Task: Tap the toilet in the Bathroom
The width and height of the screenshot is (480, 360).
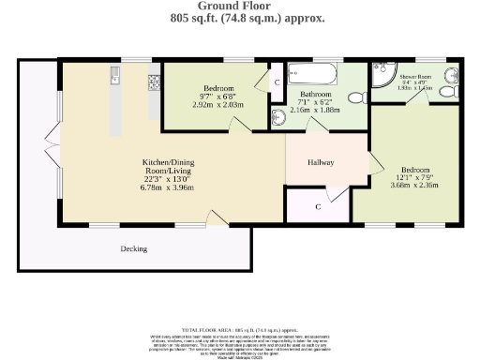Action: [355, 97]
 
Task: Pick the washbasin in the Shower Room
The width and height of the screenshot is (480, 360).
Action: [452, 78]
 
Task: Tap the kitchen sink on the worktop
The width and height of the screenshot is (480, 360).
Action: [113, 74]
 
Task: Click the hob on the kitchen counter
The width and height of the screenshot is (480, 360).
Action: [153, 83]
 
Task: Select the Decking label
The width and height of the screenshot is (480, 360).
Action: [134, 248]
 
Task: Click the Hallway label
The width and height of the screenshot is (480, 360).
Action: [322, 161]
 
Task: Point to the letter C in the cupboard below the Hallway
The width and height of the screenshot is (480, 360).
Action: [319, 205]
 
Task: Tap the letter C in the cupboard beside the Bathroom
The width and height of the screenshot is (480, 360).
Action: [277, 82]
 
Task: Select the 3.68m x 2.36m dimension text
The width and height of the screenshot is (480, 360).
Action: [413, 185]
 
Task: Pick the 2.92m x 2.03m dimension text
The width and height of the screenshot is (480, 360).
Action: [218, 106]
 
